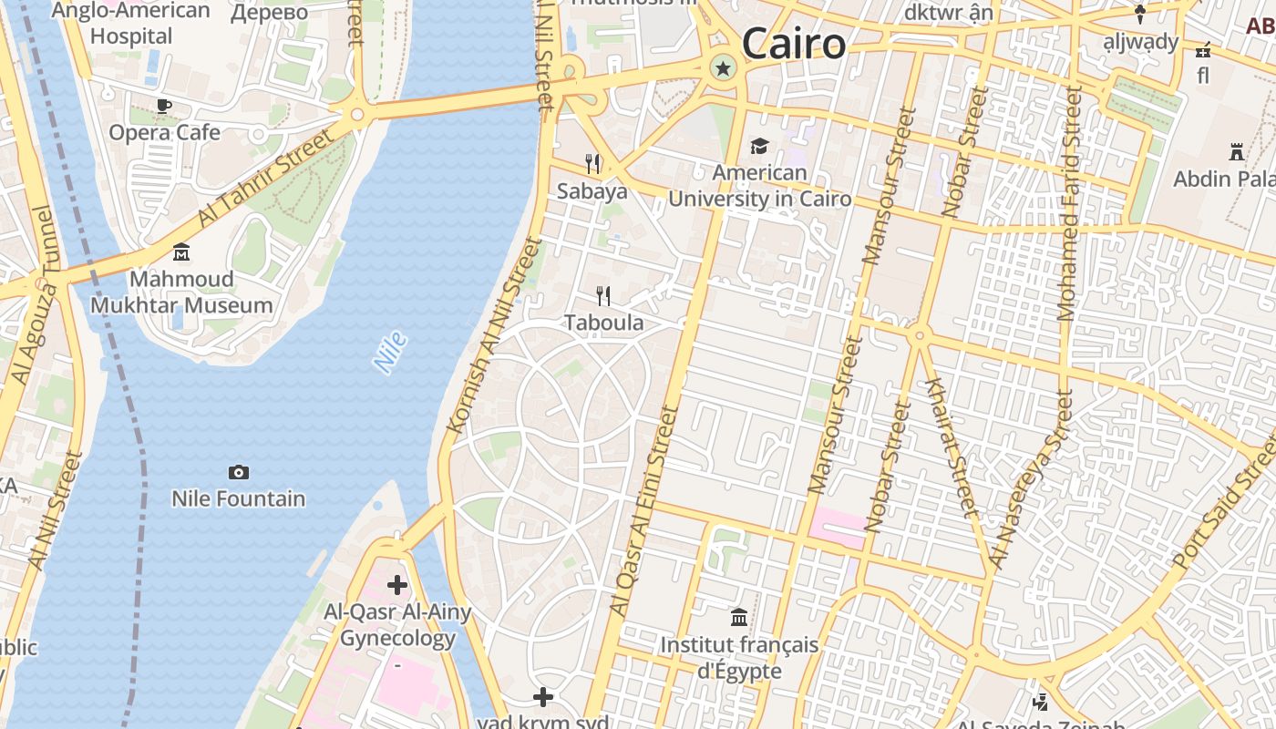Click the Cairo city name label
[793, 44]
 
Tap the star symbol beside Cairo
[724, 67]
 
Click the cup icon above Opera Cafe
[164, 106]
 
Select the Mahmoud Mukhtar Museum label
[181, 292]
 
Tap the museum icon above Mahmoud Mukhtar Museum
[181, 252]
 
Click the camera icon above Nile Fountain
[239, 472]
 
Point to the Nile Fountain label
[239, 498]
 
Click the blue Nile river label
[390, 353]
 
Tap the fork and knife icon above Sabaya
[593, 164]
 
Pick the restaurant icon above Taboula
[603, 295]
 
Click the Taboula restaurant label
[603, 323]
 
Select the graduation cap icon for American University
[759, 146]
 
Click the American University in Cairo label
[759, 186]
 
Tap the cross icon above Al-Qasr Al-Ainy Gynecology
[397, 584]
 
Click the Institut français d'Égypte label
[739, 658]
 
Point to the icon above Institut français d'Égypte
[739, 618]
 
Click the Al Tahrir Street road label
[265, 179]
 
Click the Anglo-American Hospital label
[131, 24]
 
